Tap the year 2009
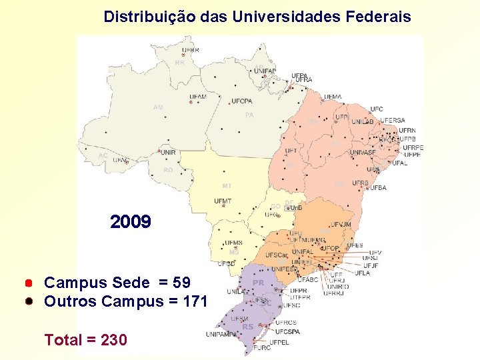[131, 222]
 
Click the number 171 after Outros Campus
[193, 301]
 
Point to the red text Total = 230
[85, 340]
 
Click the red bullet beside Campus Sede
[30, 283]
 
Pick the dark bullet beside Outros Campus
[30, 301]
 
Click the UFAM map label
[198, 97]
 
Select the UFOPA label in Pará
[242, 101]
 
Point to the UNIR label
[169, 152]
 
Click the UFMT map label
[223, 201]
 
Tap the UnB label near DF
[297, 208]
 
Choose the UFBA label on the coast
[379, 188]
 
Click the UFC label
[377, 109]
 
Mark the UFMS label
[233, 243]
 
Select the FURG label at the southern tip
[262, 348]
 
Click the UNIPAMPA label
[222, 334]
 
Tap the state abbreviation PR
[259, 283]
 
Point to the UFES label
[355, 245]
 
